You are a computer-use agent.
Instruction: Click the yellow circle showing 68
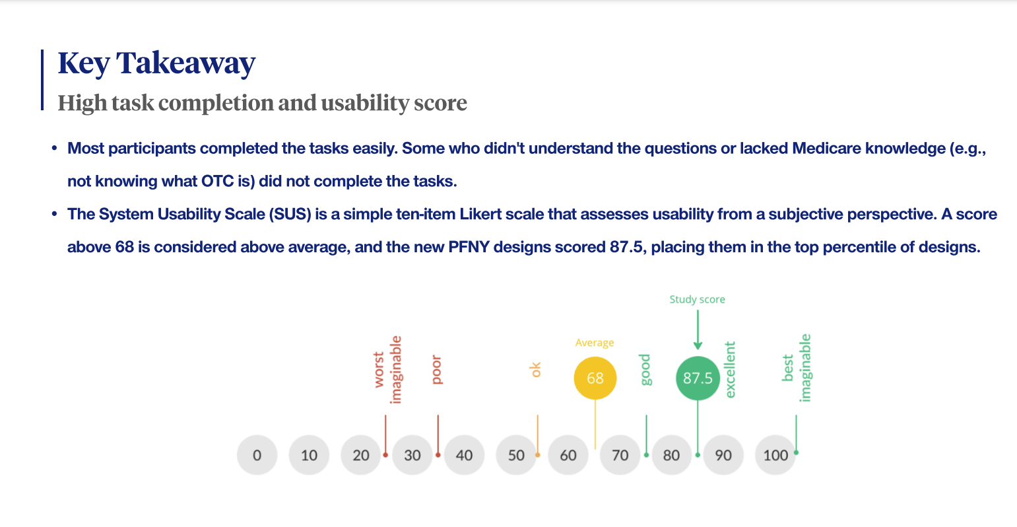tap(595, 378)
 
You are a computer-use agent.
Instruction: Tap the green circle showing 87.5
tap(698, 378)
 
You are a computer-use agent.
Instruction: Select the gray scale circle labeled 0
tap(257, 455)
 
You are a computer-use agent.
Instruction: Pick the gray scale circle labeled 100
tap(775, 455)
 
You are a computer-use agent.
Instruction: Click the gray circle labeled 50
tap(516, 455)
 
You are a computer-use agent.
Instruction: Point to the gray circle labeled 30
tap(412, 455)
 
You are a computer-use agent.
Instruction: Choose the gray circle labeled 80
tap(671, 455)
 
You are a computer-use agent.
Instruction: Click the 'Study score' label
tap(698, 299)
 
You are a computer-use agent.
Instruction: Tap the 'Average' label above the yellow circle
tap(595, 343)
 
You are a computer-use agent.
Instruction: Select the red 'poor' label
tap(436, 370)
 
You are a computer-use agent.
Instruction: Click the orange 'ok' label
tap(536, 370)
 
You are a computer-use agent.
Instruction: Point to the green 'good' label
tap(645, 370)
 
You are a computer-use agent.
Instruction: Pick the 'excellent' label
tap(730, 370)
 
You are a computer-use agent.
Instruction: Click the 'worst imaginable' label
tap(387, 370)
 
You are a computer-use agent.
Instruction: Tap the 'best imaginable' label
tap(797, 369)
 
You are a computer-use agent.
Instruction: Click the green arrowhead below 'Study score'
tap(698, 345)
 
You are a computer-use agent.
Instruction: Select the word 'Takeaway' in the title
tap(185, 63)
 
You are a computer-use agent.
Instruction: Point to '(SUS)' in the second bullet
tap(290, 214)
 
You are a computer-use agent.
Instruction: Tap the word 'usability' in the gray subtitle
tap(364, 102)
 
